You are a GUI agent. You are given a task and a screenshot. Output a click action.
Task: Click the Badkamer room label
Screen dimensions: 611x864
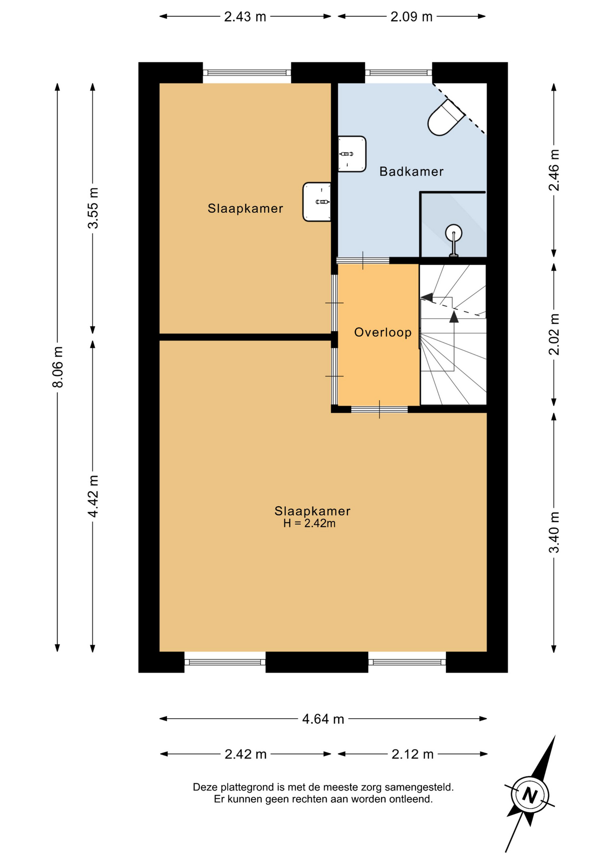pyautogui.click(x=411, y=171)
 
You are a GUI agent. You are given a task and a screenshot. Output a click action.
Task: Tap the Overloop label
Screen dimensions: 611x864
pyautogui.click(x=383, y=333)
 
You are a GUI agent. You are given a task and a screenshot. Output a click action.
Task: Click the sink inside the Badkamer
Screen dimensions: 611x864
pyautogui.click(x=352, y=154)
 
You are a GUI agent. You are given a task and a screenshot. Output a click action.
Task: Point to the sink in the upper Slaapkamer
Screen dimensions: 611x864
pyautogui.click(x=317, y=202)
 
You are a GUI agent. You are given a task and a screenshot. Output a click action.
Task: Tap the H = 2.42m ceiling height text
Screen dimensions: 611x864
pyautogui.click(x=310, y=523)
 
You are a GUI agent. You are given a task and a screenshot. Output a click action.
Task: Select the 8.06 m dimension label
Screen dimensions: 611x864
pyautogui.click(x=58, y=367)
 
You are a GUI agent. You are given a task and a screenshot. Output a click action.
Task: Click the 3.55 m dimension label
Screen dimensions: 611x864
pyautogui.click(x=93, y=208)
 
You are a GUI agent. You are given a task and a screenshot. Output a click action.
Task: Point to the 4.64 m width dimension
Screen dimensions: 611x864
pyautogui.click(x=323, y=719)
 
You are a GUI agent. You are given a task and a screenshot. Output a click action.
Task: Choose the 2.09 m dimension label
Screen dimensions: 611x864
pyautogui.click(x=411, y=17)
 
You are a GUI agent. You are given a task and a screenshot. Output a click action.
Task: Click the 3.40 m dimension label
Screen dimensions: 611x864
pyautogui.click(x=554, y=532)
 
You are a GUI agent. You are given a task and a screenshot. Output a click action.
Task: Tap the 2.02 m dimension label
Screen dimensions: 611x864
pyautogui.click(x=554, y=334)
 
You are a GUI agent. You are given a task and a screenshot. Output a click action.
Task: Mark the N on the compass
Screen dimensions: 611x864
pyautogui.click(x=530, y=796)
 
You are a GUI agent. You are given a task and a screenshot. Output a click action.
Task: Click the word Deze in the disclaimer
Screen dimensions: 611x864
pyautogui.click(x=205, y=787)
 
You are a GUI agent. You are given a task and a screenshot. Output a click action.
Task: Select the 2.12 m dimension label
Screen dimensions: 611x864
pyautogui.click(x=412, y=754)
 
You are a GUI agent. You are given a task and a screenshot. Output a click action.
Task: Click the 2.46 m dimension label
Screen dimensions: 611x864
pyautogui.click(x=554, y=170)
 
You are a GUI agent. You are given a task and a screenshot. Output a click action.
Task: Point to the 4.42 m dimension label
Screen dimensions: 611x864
pyautogui.click(x=93, y=496)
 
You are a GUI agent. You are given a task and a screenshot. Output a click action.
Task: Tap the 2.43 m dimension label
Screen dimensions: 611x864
pyautogui.click(x=245, y=17)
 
